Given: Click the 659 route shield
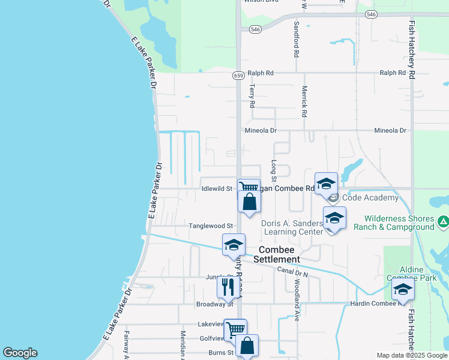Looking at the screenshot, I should (238, 76).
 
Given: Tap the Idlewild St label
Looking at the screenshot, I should (217, 188).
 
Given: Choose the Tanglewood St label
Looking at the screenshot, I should (211, 226).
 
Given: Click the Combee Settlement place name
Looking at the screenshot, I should (277, 254).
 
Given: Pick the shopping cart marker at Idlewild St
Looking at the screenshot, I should (247, 188).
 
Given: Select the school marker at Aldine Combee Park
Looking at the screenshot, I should (403, 289).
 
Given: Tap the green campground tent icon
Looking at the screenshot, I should (443, 222).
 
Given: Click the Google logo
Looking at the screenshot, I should (20, 353).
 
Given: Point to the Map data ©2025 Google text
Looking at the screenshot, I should (411, 355).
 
